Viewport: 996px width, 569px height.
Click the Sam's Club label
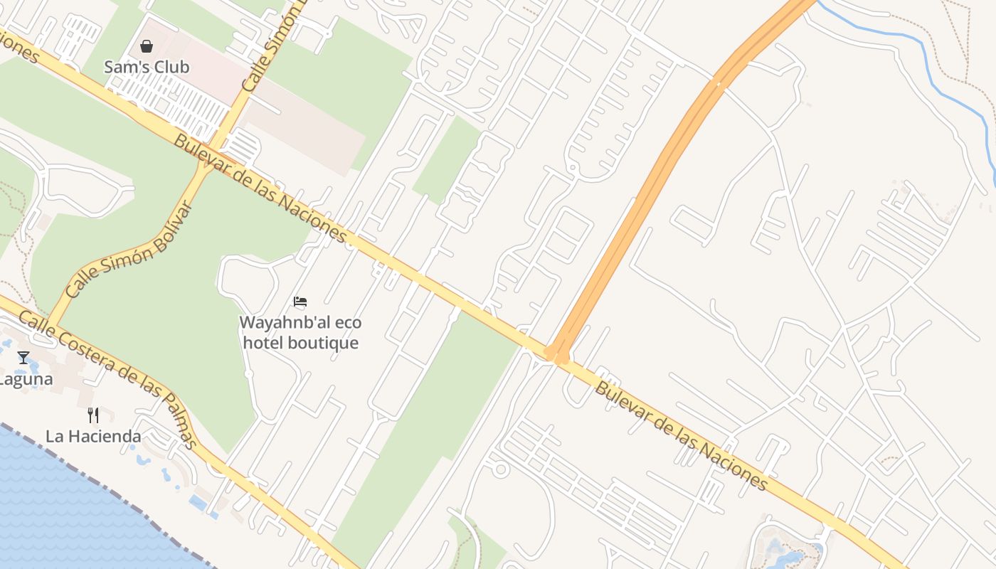(x=147, y=68)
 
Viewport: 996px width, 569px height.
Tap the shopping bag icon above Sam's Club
(x=147, y=47)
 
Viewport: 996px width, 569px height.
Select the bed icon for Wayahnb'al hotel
(x=300, y=302)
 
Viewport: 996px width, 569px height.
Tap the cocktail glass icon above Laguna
(x=23, y=357)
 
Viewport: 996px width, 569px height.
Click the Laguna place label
(x=26, y=379)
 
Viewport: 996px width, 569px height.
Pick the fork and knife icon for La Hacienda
(x=93, y=415)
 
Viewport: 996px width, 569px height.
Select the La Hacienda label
(x=93, y=436)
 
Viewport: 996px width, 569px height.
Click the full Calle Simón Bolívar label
(x=128, y=250)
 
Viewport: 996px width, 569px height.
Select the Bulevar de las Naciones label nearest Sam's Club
(x=260, y=189)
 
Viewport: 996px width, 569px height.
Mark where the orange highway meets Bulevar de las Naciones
(x=556, y=352)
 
